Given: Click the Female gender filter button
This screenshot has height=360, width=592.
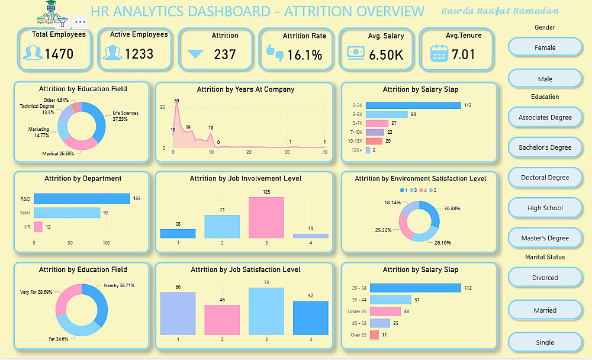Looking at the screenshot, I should [545, 47].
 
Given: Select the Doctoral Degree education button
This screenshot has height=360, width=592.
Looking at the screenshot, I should [545, 178].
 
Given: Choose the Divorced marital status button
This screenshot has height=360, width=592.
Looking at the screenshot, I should [545, 278].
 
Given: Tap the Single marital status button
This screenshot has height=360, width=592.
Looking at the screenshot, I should [545, 342].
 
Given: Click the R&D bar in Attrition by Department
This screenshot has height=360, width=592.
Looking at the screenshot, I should [82, 199].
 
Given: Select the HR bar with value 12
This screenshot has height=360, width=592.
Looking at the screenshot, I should [38, 227].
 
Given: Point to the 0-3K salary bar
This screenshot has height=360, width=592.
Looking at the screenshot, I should [413, 105].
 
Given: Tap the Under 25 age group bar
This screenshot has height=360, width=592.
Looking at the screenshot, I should [385, 311].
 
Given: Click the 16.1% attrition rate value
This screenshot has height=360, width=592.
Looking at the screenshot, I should [304, 55].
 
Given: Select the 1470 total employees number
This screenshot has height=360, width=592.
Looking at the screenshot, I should [59, 54].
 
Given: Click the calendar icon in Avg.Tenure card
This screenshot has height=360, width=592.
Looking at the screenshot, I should [439, 54].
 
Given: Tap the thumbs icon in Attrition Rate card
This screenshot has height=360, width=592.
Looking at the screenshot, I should [275, 53].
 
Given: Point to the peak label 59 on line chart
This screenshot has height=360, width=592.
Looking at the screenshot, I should [176, 101].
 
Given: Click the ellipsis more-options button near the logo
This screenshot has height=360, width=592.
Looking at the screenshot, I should [81, 22].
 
